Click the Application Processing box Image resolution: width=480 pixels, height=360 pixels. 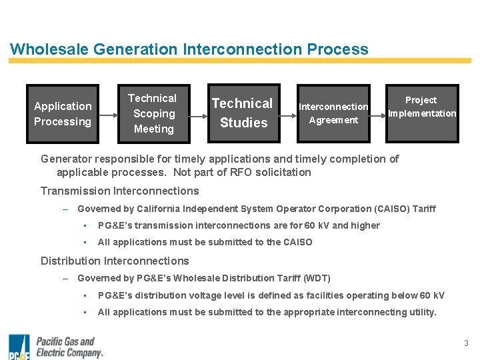[63, 114]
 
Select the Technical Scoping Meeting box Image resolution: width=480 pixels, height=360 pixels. [153, 114]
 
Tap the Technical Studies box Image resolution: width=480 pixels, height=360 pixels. [243, 113]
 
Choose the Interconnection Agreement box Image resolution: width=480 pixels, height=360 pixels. [333, 113]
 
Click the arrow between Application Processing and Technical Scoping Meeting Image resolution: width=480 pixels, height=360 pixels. [109, 114]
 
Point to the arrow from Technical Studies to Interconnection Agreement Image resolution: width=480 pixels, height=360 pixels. [289, 114]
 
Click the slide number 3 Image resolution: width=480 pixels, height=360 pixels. [466, 343]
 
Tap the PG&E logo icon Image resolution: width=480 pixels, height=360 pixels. [19, 347]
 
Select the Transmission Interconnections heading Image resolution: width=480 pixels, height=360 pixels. [119, 191]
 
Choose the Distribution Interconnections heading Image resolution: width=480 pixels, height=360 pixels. [115, 261]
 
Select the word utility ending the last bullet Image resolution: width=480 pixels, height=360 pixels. [423, 312]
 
